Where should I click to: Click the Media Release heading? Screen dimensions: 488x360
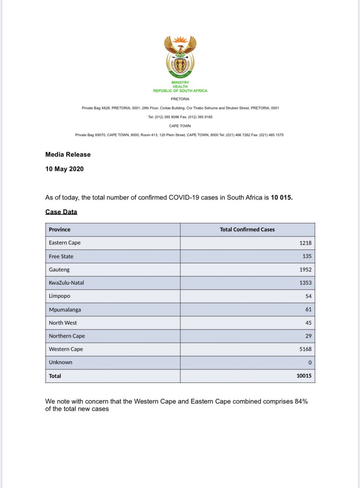[x=68, y=155]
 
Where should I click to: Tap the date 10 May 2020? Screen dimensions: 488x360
[x=64, y=168]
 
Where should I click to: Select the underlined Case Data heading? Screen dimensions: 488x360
[x=61, y=212]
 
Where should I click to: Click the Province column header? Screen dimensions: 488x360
[x=59, y=229]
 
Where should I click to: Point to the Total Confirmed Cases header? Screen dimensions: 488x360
[x=247, y=229]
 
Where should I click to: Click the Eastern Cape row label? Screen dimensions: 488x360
[x=65, y=243]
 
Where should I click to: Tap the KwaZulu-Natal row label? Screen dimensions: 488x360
[x=67, y=283]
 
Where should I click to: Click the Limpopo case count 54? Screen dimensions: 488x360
[x=308, y=296]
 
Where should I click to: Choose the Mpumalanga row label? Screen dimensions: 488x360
[x=65, y=309]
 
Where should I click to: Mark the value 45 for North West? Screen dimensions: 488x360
[x=308, y=323]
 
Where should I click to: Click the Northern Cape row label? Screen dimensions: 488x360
[x=67, y=336]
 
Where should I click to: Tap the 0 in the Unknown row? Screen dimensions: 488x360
[x=310, y=362]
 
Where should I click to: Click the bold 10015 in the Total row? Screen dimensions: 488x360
[x=304, y=376]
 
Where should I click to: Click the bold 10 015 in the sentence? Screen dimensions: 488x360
[x=282, y=198]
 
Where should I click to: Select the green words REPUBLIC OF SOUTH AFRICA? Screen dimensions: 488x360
[x=180, y=91]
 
